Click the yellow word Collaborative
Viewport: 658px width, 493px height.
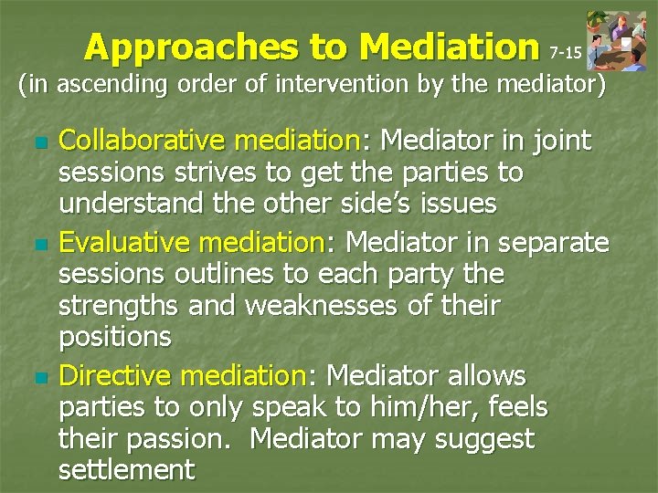pos(143,141)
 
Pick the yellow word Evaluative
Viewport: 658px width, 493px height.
pos(127,242)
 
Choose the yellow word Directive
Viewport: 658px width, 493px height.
pos(118,376)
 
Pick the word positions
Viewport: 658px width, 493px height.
pos(114,337)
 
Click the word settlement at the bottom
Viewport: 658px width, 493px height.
pos(126,470)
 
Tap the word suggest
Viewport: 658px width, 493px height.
pos(479,439)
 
